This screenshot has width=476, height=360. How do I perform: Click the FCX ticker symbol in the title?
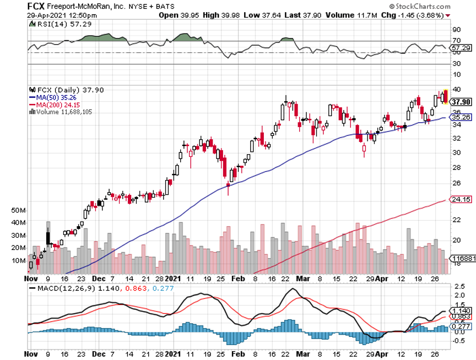pyautogui.click(x=37, y=6)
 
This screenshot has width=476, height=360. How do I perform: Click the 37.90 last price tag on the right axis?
pyautogui.click(x=461, y=102)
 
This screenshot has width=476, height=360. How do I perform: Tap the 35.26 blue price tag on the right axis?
pyautogui.click(x=461, y=117)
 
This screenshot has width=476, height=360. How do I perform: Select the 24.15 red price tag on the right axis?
pyautogui.click(x=461, y=199)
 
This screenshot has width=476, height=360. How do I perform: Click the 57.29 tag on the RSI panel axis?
pyautogui.click(x=461, y=48)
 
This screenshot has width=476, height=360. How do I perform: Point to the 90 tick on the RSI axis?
pyautogui.click(x=456, y=29)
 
